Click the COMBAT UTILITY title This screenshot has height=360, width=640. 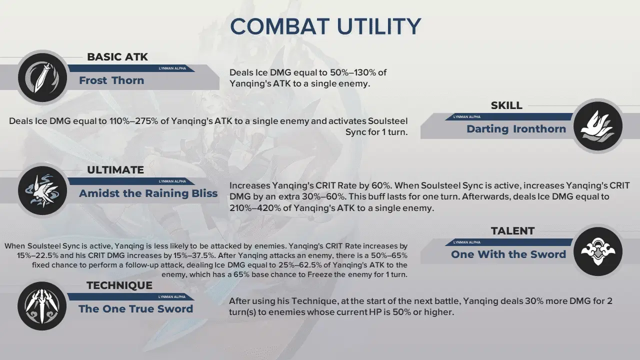325,26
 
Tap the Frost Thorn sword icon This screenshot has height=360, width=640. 42,77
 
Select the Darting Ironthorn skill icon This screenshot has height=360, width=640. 597,126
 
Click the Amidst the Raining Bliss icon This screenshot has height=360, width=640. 42,190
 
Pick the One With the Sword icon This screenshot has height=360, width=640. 597,251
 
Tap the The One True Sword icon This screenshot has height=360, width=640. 42,306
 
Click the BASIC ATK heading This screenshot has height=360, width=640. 117,57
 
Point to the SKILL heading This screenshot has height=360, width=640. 506,105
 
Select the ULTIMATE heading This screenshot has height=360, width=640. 115,170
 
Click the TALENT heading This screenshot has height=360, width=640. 513,231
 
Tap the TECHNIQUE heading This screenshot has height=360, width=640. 119,285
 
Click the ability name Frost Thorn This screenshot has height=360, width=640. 111,80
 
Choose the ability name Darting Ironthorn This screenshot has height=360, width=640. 516,129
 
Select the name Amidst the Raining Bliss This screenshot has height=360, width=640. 148,193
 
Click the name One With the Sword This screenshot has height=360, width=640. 508,254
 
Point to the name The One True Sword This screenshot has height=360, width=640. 135,309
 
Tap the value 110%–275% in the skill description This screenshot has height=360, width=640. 133,121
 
